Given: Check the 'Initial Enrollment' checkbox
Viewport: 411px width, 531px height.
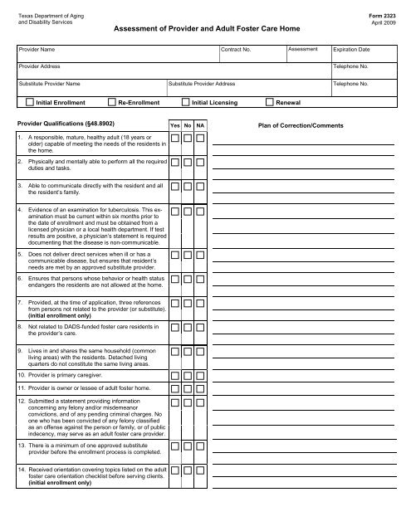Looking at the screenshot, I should coord(31,104).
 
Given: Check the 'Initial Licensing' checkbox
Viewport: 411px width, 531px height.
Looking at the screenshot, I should coord(185,104).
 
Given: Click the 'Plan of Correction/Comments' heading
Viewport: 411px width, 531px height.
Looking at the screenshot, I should coord(301,124).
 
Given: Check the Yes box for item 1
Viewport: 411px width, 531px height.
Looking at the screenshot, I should coord(174,138).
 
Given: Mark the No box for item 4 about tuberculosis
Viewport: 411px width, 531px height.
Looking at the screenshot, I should coord(188,212).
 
